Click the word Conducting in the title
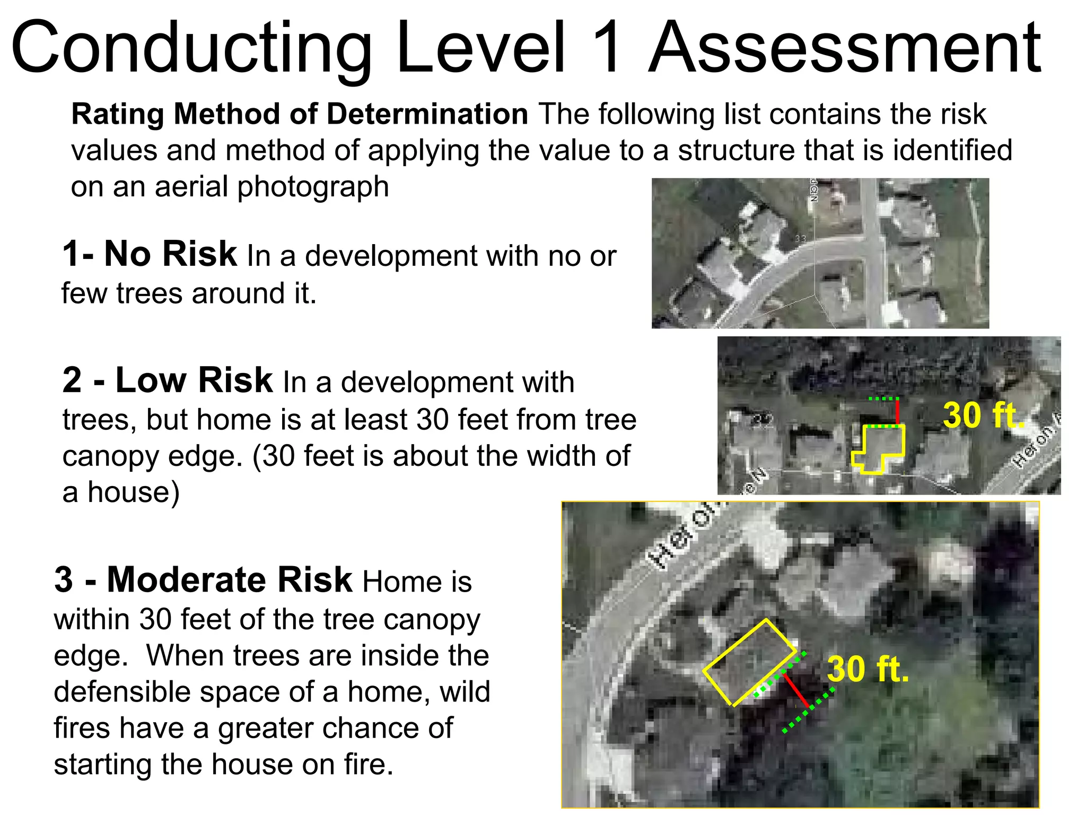(191, 49)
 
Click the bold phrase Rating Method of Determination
(300, 114)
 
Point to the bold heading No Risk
(170, 254)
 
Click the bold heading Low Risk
(194, 380)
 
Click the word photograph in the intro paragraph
(313, 187)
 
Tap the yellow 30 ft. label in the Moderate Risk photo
(868, 669)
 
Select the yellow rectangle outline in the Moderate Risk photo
(749, 663)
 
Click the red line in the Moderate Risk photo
(796, 690)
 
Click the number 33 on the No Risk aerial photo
(800, 239)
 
